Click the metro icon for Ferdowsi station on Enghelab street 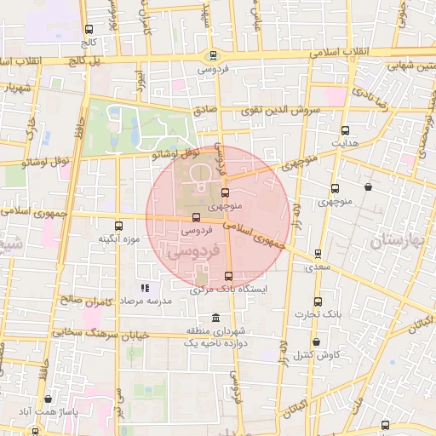point(213,55)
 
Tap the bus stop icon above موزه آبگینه point(118,226)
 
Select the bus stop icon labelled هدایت point(345,130)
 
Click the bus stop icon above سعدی point(318,254)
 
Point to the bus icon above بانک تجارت point(318,302)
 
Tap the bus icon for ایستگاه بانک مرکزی point(228,276)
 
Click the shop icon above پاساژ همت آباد point(49,398)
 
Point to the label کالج point(89,41)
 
